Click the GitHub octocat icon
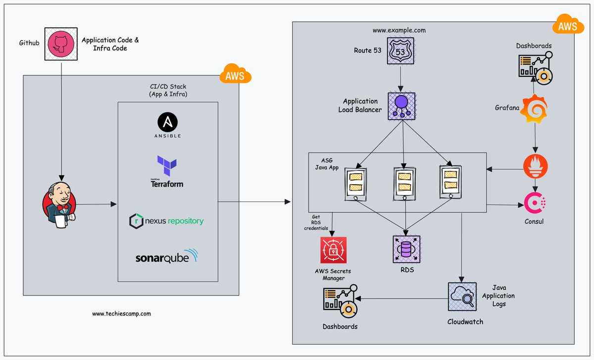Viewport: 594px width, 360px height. coord(61,44)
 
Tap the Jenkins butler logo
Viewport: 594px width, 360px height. coord(58,203)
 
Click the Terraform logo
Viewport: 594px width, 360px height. coord(167,171)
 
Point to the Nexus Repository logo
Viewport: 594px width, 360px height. coord(166,221)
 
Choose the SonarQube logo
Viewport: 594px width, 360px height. coord(166,257)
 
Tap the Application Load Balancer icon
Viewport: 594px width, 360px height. coord(402,105)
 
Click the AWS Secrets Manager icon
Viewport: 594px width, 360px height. coord(333,251)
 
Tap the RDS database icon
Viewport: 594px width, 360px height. coord(406,249)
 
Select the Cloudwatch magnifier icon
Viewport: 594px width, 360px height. coord(462,297)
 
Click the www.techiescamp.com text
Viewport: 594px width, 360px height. coord(121,313)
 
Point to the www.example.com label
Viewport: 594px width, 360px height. coord(399,30)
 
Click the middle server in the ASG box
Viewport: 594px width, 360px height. coord(405,183)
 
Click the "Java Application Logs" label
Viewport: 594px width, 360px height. coord(503,296)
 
